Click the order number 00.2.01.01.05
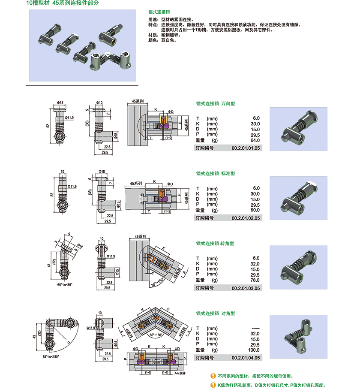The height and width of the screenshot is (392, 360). pos(246,148)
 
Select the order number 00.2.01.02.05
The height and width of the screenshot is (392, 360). pos(246,217)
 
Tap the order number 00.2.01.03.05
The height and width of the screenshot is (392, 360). pos(246,287)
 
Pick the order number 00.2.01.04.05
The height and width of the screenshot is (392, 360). pos(246,357)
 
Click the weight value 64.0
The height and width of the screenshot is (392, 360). pos(255,140)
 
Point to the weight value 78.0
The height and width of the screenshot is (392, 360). pos(255,280)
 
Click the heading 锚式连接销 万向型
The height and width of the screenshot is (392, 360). pos(216,103)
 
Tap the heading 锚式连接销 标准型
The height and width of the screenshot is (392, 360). pos(216,173)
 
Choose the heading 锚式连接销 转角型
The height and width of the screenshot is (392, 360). pos(216,243)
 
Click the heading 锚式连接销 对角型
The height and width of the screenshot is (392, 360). pos(216,314)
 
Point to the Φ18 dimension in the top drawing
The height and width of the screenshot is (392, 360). pos(60,103)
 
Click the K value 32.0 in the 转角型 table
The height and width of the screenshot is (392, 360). pos(255,264)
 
